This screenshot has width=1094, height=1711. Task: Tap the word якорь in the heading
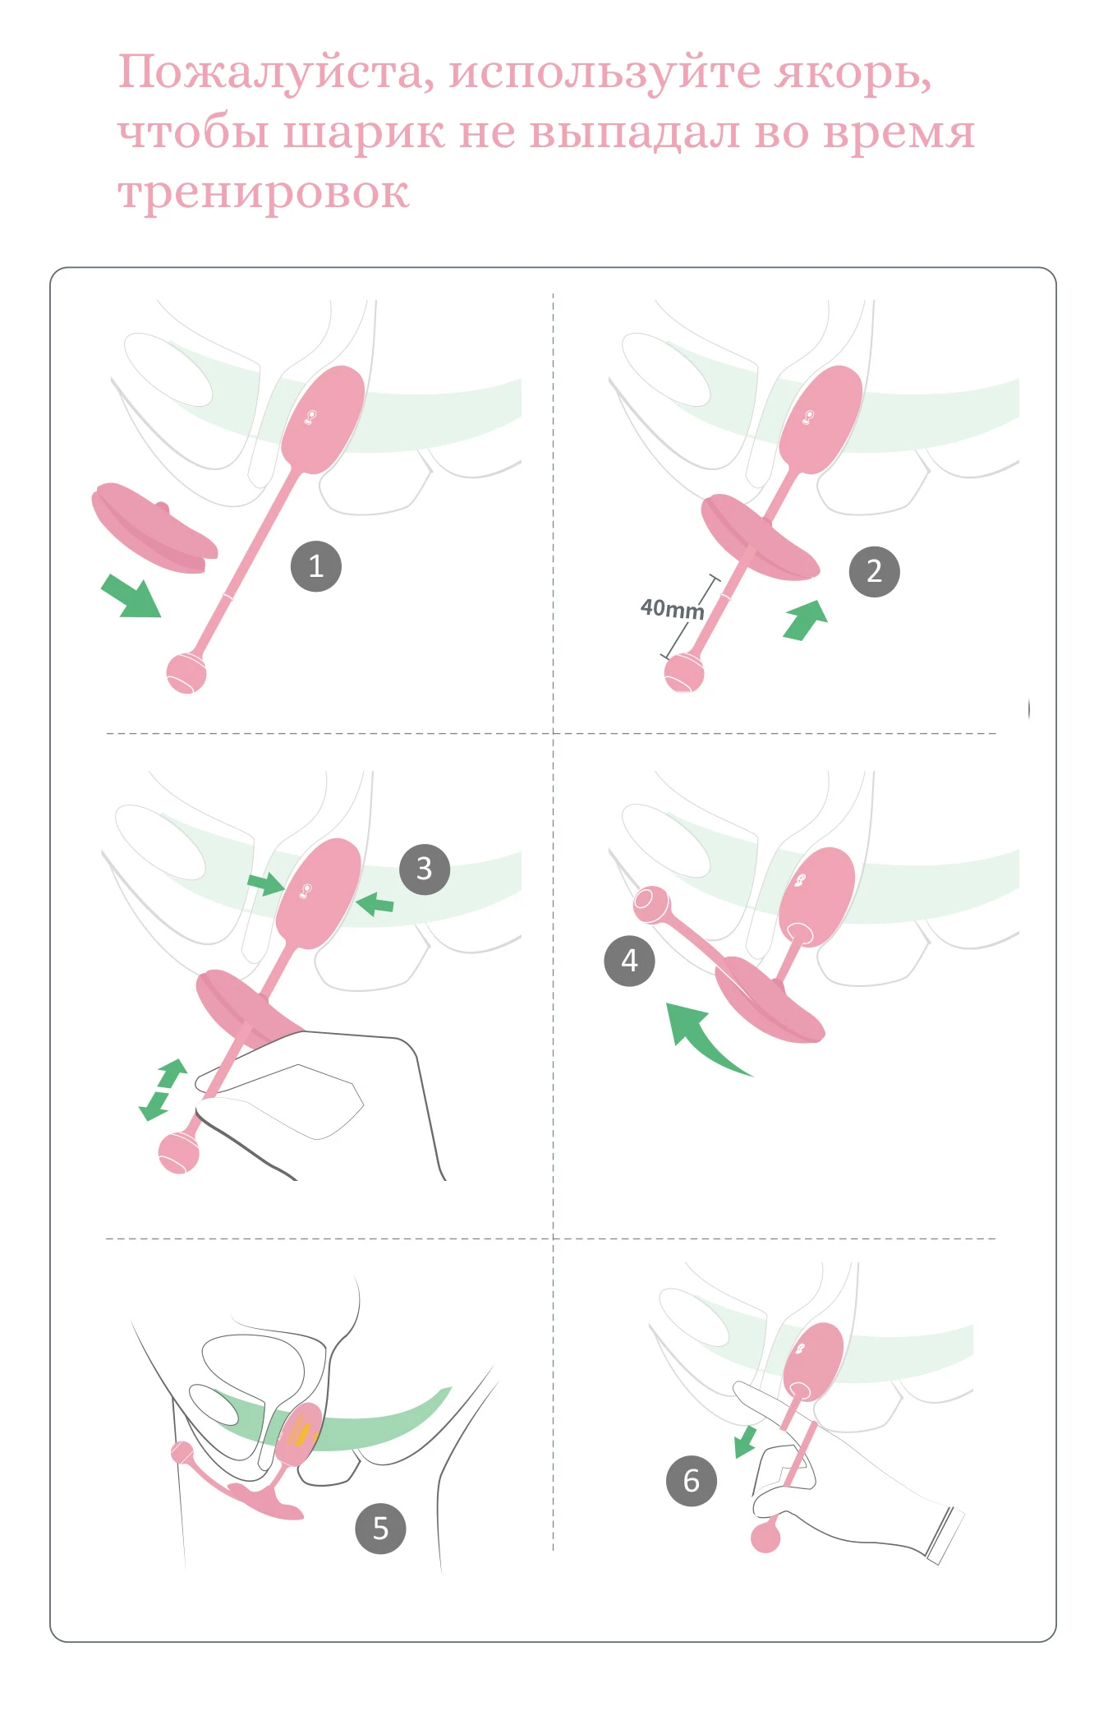click(x=854, y=73)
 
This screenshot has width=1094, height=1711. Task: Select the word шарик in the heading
click(x=363, y=133)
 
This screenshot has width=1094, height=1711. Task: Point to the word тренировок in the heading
click(x=264, y=193)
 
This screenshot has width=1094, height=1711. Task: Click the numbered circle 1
click(x=316, y=565)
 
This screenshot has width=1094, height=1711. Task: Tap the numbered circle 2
click(x=874, y=571)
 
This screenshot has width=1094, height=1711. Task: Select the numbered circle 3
click(x=425, y=869)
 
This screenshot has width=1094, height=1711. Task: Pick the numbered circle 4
click(x=629, y=960)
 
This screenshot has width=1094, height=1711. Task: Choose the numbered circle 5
click(x=380, y=1528)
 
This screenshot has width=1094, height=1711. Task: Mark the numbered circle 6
click(x=692, y=1480)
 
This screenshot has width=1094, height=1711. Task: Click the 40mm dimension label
click(x=672, y=609)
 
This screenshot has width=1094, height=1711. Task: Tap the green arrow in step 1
click(x=131, y=596)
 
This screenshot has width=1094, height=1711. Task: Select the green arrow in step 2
click(x=805, y=620)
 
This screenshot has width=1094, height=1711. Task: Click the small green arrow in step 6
click(x=745, y=1441)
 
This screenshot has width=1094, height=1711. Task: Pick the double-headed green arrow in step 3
click(x=163, y=1091)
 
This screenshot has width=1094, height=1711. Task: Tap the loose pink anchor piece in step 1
click(x=154, y=528)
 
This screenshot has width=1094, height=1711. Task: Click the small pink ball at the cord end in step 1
click(x=186, y=673)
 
